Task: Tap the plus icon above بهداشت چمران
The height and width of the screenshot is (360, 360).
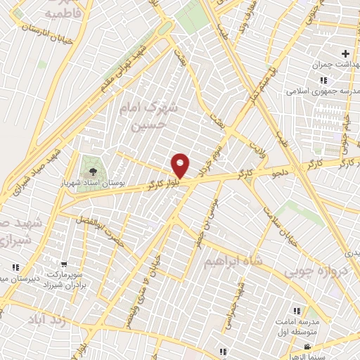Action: click(x=345, y=53)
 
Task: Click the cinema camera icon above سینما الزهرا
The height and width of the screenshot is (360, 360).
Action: click(x=307, y=347)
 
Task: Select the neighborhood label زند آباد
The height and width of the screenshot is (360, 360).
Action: click(x=46, y=320)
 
